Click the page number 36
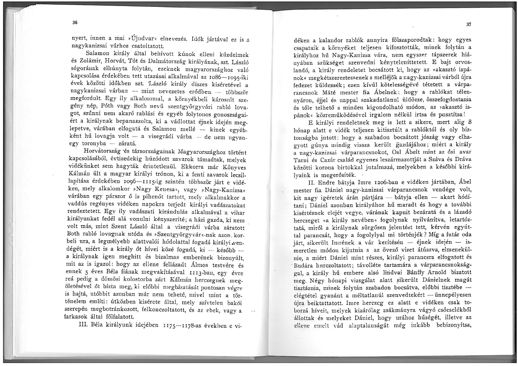pyautogui.click(x=75, y=23)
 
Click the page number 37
pyautogui.click(x=469, y=25)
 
